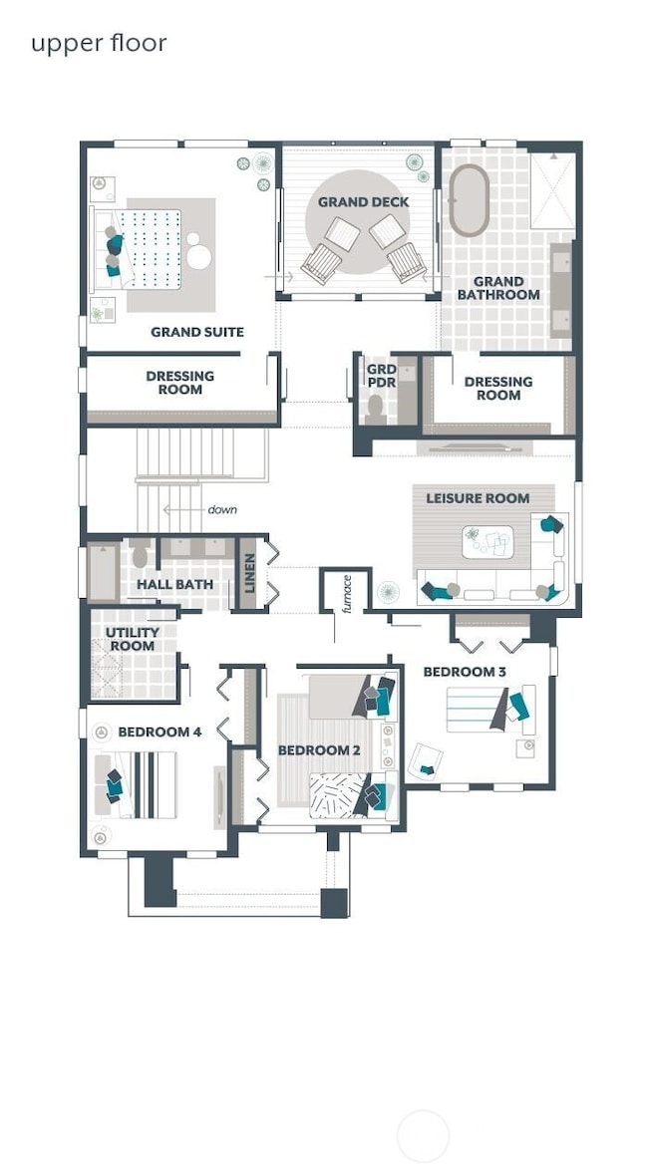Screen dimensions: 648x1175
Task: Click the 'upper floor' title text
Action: [99, 44]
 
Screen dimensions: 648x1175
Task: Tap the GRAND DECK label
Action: [364, 202]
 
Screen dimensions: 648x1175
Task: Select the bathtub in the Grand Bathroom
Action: [469, 201]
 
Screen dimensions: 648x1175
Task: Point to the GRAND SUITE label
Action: [197, 332]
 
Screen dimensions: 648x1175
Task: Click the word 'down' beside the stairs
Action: [222, 509]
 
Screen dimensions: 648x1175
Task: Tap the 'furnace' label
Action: [347, 594]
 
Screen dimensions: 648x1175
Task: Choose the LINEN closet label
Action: [250, 572]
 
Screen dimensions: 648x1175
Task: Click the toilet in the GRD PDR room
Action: [375, 408]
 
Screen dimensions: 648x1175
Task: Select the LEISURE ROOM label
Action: [478, 498]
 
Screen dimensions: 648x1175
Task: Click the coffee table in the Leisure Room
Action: [487, 542]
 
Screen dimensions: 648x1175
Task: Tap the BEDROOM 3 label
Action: [465, 672]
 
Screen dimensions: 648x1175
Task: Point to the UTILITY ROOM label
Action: [132, 639]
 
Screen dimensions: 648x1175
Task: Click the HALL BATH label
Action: [174, 584]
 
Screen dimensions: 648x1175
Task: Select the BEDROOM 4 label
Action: [160, 733]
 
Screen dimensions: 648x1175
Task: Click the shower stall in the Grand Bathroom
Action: [552, 190]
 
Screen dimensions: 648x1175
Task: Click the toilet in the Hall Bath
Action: [141, 554]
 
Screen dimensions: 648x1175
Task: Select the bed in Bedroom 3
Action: [490, 709]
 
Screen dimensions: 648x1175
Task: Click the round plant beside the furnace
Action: [388, 592]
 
